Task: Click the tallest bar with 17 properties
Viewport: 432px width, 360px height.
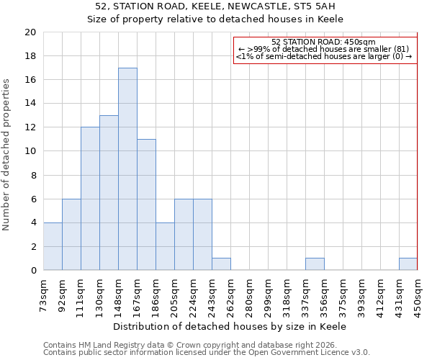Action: tap(127, 169)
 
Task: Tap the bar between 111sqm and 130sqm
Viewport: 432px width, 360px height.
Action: tap(90, 199)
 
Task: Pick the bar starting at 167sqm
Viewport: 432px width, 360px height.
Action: tap(146, 204)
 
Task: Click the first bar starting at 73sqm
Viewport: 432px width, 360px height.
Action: tap(53, 246)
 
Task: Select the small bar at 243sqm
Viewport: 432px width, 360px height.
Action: tap(221, 264)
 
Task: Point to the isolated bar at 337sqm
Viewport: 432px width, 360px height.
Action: tap(315, 264)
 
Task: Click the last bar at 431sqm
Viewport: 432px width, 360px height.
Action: tap(408, 264)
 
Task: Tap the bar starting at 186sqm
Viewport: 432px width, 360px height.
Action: tap(165, 246)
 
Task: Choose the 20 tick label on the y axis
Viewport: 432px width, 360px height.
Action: tap(30, 32)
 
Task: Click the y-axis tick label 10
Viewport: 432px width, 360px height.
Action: tap(30, 151)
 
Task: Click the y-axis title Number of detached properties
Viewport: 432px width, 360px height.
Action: tap(6, 155)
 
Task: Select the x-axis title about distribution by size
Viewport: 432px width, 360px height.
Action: tap(230, 326)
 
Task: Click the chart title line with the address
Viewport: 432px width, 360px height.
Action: tap(215, 6)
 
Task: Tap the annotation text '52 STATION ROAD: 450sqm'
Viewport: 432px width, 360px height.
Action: tap(324, 42)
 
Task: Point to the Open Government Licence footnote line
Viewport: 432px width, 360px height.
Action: tap(206, 353)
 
